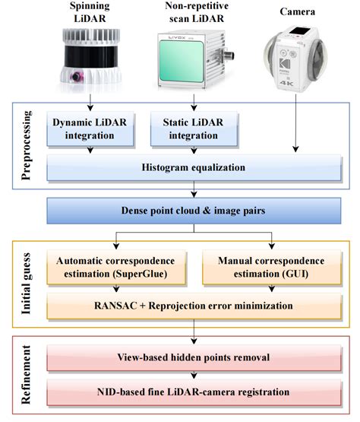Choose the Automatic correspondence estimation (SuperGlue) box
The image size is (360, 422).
[x=113, y=265]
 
